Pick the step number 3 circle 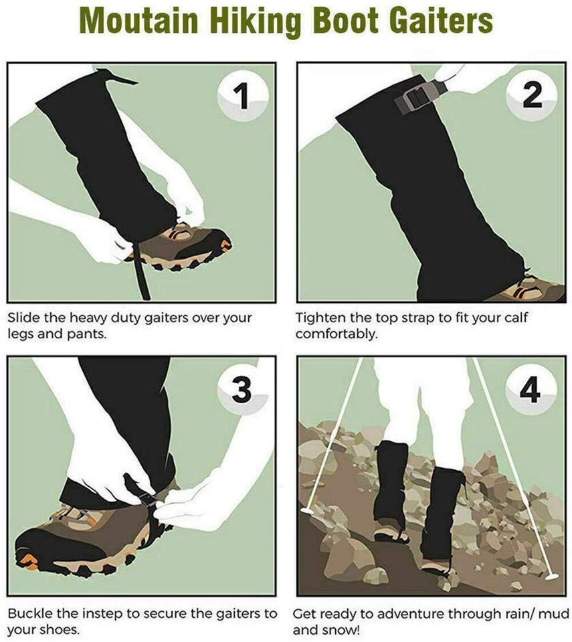pyautogui.click(x=243, y=389)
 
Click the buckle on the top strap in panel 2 pyautogui.click(x=410, y=100)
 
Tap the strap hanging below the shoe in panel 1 pyautogui.click(x=142, y=281)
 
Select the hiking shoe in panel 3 pyautogui.click(x=74, y=535)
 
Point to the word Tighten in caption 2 pyautogui.click(x=319, y=317)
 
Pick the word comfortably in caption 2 pyautogui.click(x=337, y=333)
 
